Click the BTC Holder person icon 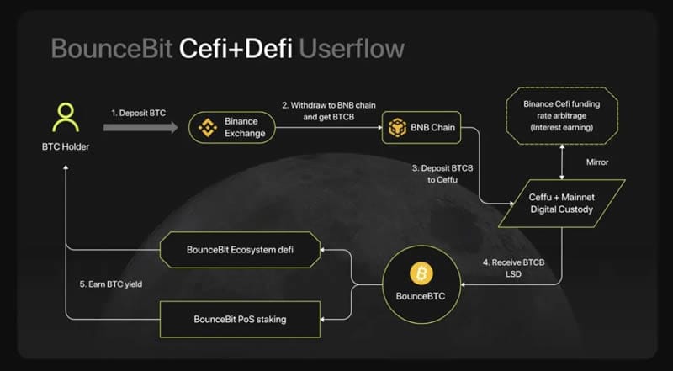65,119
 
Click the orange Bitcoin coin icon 418,273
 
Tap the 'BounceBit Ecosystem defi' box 240,250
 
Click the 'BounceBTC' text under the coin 418,297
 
